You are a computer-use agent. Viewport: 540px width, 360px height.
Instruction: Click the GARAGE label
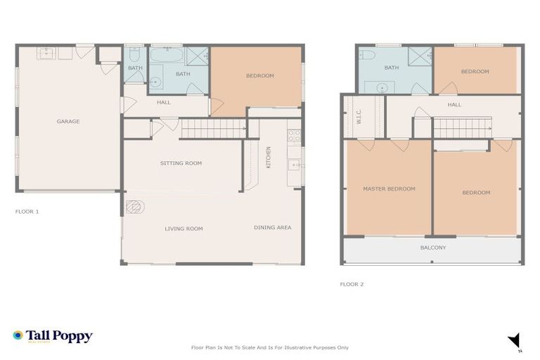pos(68,122)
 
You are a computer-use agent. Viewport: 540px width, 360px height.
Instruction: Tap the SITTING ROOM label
pos(181,163)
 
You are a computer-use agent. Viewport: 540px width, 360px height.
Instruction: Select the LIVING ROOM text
pos(184,229)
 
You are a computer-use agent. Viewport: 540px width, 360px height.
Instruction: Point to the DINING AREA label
pos(272,227)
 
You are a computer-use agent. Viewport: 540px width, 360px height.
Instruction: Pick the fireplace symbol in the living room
pos(134,207)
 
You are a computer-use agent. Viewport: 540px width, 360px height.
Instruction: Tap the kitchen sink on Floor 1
pos(295,165)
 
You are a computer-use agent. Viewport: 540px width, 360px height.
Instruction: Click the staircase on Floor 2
pos(461,128)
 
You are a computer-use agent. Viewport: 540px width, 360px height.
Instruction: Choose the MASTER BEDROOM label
pos(389,188)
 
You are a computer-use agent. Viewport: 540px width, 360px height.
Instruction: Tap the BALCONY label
pos(433,247)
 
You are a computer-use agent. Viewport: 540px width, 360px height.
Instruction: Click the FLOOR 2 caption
pos(352,285)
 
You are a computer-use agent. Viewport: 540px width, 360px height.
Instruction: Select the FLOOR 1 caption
pos(27,211)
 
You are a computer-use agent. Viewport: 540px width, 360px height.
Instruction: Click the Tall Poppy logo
pos(53,337)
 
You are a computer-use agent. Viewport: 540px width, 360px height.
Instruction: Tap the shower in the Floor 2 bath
pos(420,56)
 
